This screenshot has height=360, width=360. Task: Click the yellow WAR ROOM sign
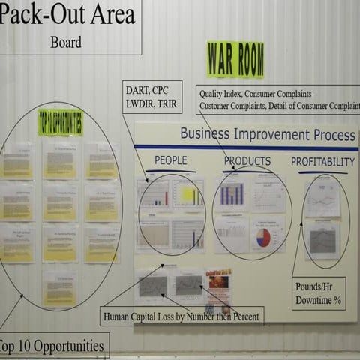point(235,59)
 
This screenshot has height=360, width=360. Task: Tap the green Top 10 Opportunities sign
point(60,123)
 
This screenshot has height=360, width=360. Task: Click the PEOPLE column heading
point(170,160)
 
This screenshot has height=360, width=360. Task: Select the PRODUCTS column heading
point(247,161)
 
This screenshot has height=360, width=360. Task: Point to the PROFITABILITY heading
point(322,162)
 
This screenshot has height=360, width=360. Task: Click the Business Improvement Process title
point(267,136)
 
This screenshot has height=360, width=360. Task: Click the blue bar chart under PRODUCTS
point(232,194)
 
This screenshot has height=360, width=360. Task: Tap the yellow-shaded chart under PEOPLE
point(187,195)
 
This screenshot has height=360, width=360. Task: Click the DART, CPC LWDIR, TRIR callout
point(151,97)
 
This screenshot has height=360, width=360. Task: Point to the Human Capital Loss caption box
point(182,316)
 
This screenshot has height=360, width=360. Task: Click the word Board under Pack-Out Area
point(65,42)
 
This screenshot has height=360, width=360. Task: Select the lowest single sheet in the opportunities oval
point(59,289)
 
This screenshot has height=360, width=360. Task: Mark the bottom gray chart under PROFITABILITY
point(323,240)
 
